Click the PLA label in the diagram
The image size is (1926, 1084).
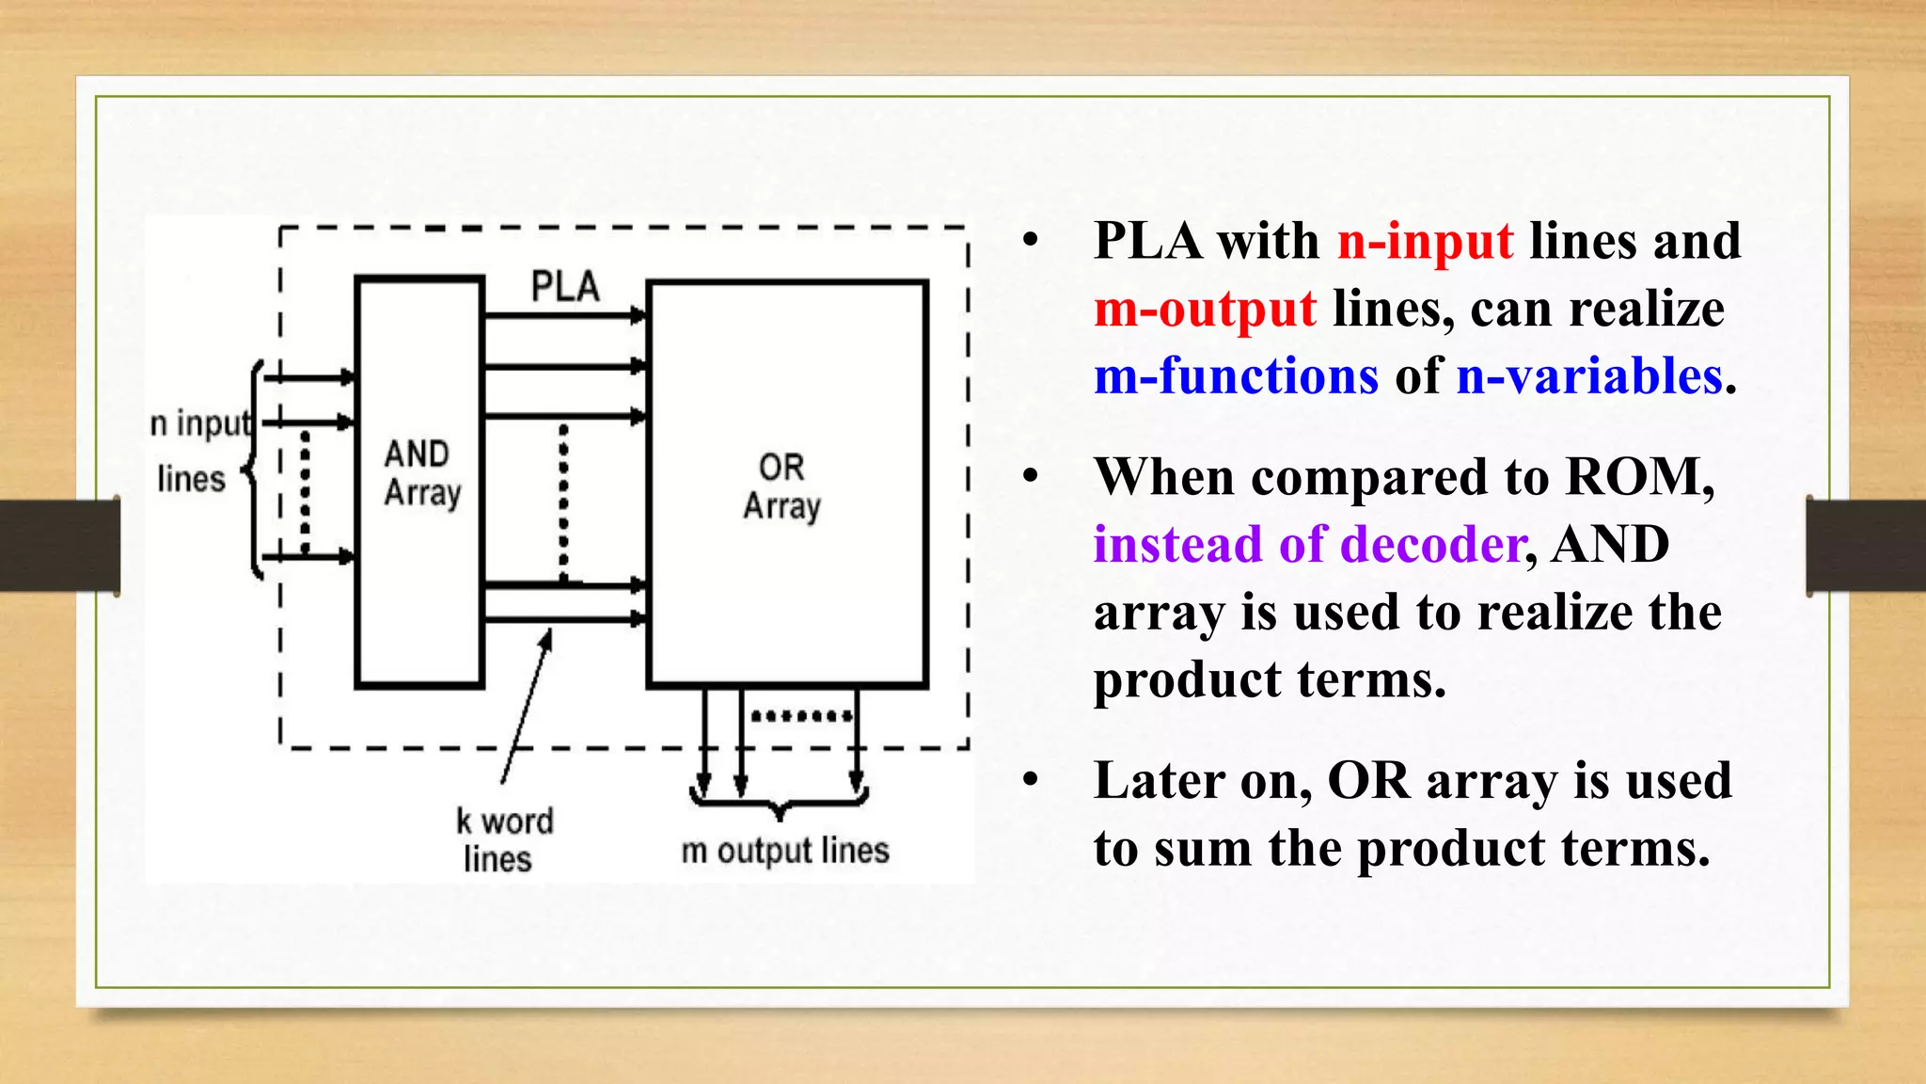point(565,286)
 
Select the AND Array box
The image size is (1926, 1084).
point(419,482)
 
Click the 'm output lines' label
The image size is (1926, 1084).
point(785,851)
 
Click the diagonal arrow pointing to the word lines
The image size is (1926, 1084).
point(526,707)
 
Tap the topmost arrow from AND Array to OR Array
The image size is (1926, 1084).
point(564,316)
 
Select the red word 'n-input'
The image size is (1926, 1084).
point(1425,241)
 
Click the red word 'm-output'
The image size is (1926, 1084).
point(1205,309)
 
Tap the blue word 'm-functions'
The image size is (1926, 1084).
point(1236,376)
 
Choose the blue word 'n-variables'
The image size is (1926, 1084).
point(1589,376)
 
